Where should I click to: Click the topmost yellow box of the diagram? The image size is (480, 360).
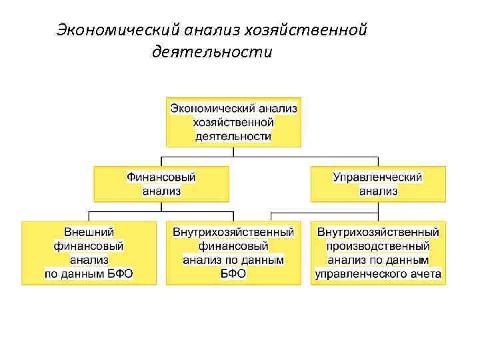tap(233, 122)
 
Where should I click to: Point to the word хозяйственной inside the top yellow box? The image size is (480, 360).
tap(233, 122)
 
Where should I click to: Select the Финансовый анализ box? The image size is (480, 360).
tap(161, 184)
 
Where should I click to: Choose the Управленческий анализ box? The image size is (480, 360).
tap(378, 184)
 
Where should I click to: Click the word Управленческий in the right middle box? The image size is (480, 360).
tap(378, 177)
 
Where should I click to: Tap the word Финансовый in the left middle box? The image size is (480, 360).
tap(161, 177)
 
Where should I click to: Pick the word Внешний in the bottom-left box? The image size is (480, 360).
tap(89, 233)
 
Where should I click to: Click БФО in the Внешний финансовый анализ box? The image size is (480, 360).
tap(118, 273)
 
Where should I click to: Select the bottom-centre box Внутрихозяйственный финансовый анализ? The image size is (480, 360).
tap(233, 253)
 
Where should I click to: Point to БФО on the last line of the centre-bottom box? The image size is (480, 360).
tap(233, 273)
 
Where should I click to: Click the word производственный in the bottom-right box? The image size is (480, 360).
tap(378, 246)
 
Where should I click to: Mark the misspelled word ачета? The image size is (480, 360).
tap(427, 273)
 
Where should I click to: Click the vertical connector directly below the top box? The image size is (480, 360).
tap(233, 152)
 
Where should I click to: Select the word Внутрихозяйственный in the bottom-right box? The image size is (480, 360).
tap(378, 233)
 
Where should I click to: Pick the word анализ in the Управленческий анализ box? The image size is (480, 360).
tap(378, 191)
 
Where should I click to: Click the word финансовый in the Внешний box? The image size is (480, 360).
tap(89, 246)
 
